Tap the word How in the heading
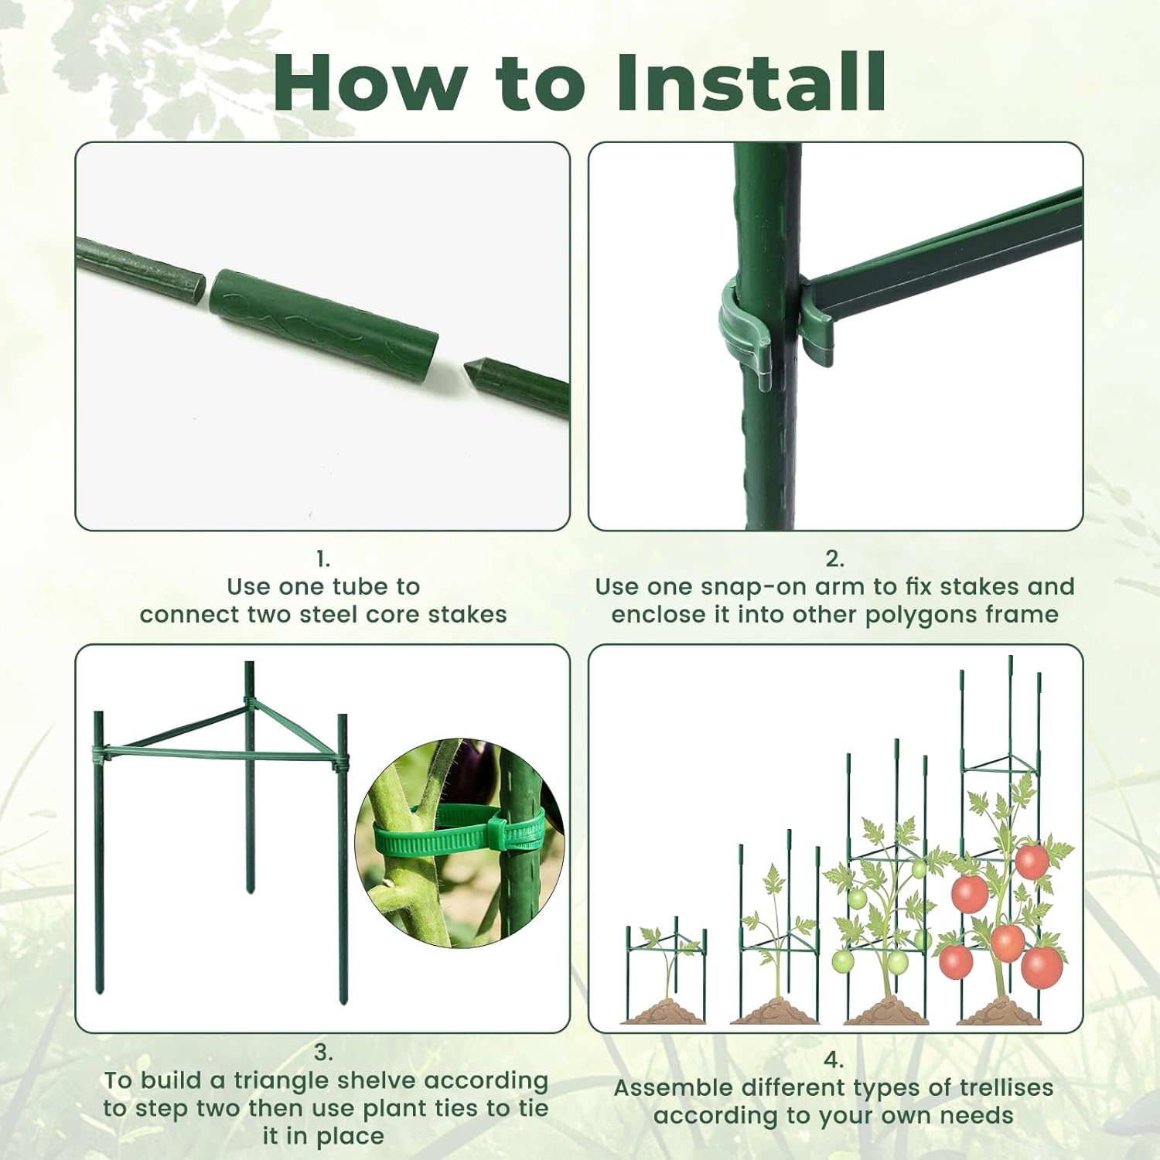370,83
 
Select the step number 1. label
323,559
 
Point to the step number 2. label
834,559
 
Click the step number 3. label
323,1053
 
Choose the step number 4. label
833,1059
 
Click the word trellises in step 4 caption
1006,1087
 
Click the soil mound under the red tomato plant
1005,1011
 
